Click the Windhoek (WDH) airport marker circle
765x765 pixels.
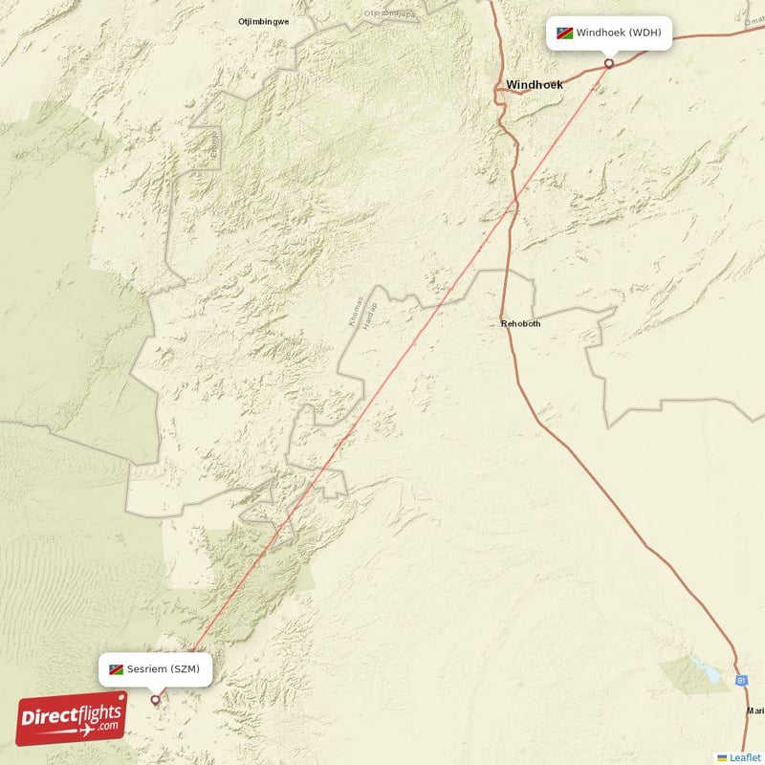[609, 64]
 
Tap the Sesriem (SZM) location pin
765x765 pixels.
[156, 700]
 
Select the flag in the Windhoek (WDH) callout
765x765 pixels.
[566, 33]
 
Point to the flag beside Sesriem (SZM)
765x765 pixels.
[116, 669]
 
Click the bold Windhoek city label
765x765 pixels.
[535, 84]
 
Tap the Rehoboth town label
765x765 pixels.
[520, 324]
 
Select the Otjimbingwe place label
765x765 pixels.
[263, 20]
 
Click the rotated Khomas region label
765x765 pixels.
[355, 313]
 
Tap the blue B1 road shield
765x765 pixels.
[740, 680]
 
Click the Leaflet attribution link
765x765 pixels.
[745, 757]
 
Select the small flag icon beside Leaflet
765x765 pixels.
[722, 757]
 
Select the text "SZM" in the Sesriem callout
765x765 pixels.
[186, 669]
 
